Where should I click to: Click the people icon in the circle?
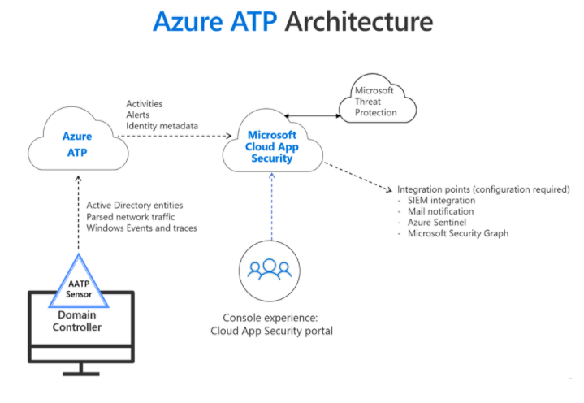point(271,269)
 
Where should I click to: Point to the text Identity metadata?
point(162,127)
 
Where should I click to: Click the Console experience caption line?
point(271,317)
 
